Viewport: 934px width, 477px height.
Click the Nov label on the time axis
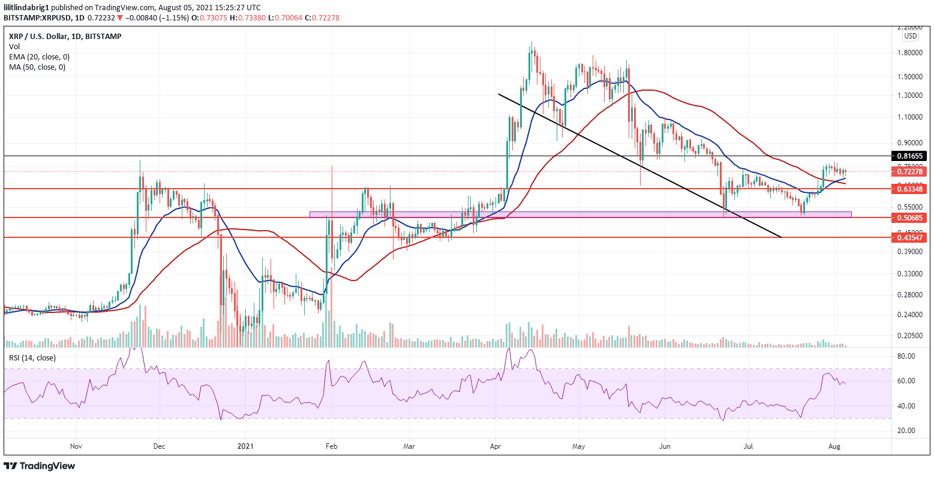tap(76, 446)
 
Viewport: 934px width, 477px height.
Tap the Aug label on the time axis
tap(834, 446)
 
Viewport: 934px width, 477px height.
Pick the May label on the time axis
tap(579, 446)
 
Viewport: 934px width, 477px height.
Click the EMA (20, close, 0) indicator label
tap(39, 56)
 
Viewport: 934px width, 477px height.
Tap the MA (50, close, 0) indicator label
tap(37, 67)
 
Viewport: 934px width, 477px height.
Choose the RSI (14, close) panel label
tap(32, 358)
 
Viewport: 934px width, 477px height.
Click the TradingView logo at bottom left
tap(40, 466)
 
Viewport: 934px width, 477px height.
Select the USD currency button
tap(911, 35)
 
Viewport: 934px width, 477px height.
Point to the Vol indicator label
tap(14, 46)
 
